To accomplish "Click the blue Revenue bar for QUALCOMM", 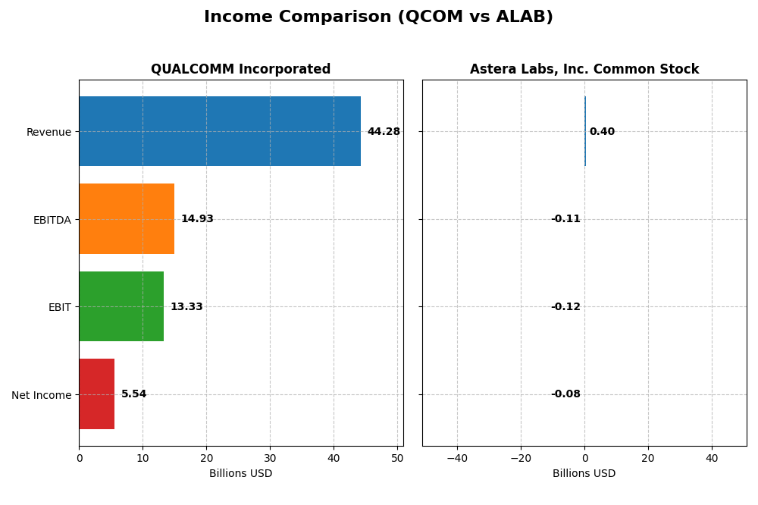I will [220, 131].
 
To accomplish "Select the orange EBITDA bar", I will [127, 218].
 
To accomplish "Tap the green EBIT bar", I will [121, 306].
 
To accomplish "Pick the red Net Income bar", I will [97, 394].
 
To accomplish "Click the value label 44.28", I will [384, 132].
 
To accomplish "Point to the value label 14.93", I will [197, 219].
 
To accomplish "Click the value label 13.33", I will [186, 307].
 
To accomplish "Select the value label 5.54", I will [134, 394].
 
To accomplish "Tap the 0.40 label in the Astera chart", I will [602, 132].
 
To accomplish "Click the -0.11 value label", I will [565, 219].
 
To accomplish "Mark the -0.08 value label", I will [565, 394].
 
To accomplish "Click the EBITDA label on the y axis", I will [52, 220].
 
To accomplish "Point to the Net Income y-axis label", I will [42, 395].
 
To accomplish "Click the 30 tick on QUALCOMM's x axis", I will [270, 458].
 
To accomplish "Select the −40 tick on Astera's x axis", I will [456, 458].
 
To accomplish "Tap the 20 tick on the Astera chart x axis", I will [648, 458].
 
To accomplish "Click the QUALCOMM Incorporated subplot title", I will [241, 70].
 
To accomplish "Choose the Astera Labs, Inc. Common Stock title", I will [584, 70].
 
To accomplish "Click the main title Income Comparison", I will [378, 17].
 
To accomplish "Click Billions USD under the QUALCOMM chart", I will [241, 474].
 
